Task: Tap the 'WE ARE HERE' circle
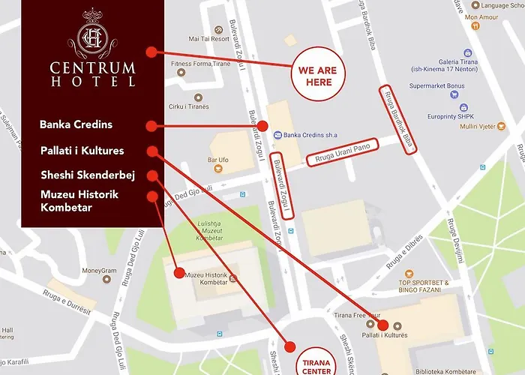click(x=319, y=76)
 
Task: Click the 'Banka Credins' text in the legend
click(x=76, y=124)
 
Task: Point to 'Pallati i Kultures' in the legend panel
click(x=82, y=151)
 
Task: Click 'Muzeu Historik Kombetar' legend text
click(x=79, y=201)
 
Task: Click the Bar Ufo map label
click(x=218, y=160)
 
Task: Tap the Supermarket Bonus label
click(x=437, y=85)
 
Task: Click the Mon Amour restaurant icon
click(x=475, y=25)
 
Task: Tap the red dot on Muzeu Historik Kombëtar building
click(x=178, y=273)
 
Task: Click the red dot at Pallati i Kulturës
click(x=383, y=325)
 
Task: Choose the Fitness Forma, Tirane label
click(x=201, y=64)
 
